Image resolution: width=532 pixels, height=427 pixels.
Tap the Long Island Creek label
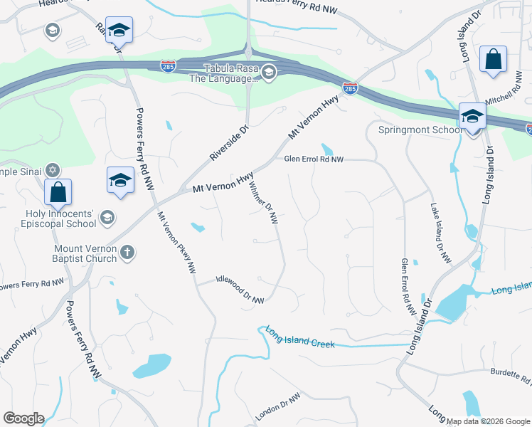point(299,337)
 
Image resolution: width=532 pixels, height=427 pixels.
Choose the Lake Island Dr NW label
point(440,234)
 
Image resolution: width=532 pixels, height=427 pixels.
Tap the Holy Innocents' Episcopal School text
point(50,218)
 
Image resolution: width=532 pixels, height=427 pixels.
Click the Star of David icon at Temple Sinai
point(52,171)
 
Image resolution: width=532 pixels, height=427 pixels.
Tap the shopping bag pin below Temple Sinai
point(58,192)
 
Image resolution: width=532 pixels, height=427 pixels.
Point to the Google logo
point(23,418)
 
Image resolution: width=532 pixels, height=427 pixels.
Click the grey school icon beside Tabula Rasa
point(268,72)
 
